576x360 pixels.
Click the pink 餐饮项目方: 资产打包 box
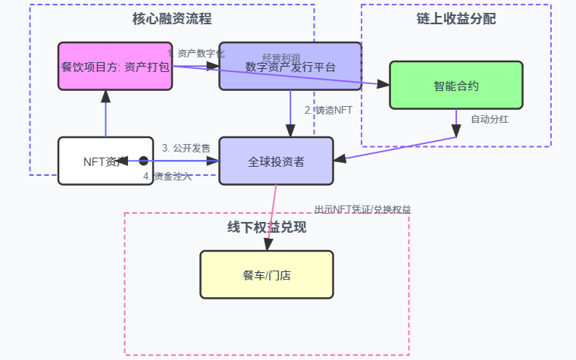coord(115,66)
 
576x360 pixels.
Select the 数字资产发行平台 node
coord(290,66)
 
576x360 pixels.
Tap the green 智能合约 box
coord(455,85)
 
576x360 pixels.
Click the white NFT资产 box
coord(105,161)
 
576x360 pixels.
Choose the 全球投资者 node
coord(276,161)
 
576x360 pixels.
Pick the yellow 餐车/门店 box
coord(266,274)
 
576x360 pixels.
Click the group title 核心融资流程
coord(171,17)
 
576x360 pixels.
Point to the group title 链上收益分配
coord(455,17)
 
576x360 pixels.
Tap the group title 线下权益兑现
coord(266,227)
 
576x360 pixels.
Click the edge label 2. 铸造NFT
coord(328,110)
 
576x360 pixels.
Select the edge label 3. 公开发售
coord(186,147)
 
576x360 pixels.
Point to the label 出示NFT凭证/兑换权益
coord(362,209)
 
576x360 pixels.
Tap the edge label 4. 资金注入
coord(167,177)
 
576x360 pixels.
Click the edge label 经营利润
coord(281,58)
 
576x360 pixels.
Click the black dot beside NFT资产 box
coord(143,160)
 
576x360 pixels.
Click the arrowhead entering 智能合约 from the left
coord(383,83)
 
